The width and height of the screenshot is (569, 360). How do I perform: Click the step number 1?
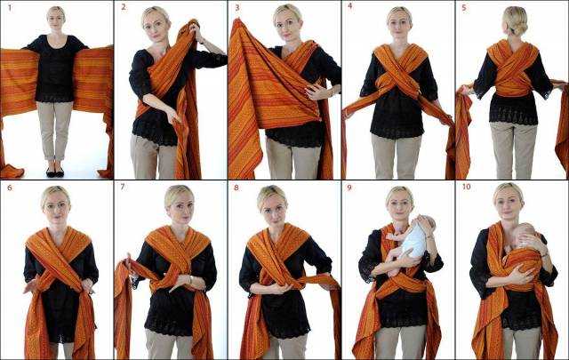click(x=10, y=7)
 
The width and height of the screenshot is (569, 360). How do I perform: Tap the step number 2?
click(x=124, y=7)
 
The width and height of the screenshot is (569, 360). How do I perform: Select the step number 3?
click(x=237, y=7)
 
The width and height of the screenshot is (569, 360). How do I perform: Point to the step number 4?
click(x=350, y=6)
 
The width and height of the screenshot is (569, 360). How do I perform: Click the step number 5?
click(x=464, y=8)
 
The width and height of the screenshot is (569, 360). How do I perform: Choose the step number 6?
click(x=10, y=188)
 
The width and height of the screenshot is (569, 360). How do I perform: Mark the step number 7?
click(x=123, y=187)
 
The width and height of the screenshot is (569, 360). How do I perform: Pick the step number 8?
click(x=236, y=188)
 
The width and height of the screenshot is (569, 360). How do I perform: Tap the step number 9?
click(x=349, y=188)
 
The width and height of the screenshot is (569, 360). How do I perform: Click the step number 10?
click(x=466, y=187)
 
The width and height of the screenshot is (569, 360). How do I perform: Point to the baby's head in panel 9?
click(x=426, y=223)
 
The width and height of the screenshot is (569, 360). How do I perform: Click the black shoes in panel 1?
click(x=55, y=172)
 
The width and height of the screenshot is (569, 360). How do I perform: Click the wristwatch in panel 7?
click(x=190, y=280)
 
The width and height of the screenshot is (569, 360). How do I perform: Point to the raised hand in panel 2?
click(x=196, y=28)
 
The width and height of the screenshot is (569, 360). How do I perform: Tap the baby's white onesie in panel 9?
click(x=415, y=240)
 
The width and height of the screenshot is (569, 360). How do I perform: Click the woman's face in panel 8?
click(x=276, y=211)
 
